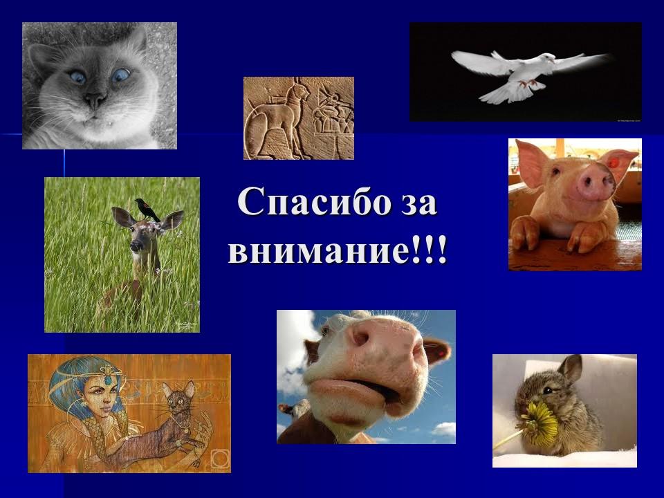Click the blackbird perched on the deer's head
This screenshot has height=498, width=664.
coord(146,208)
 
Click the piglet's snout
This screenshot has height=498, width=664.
coord(596,183)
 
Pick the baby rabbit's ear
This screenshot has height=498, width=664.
coord(571,369)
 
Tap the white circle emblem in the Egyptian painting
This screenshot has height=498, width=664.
coord(219,459)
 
